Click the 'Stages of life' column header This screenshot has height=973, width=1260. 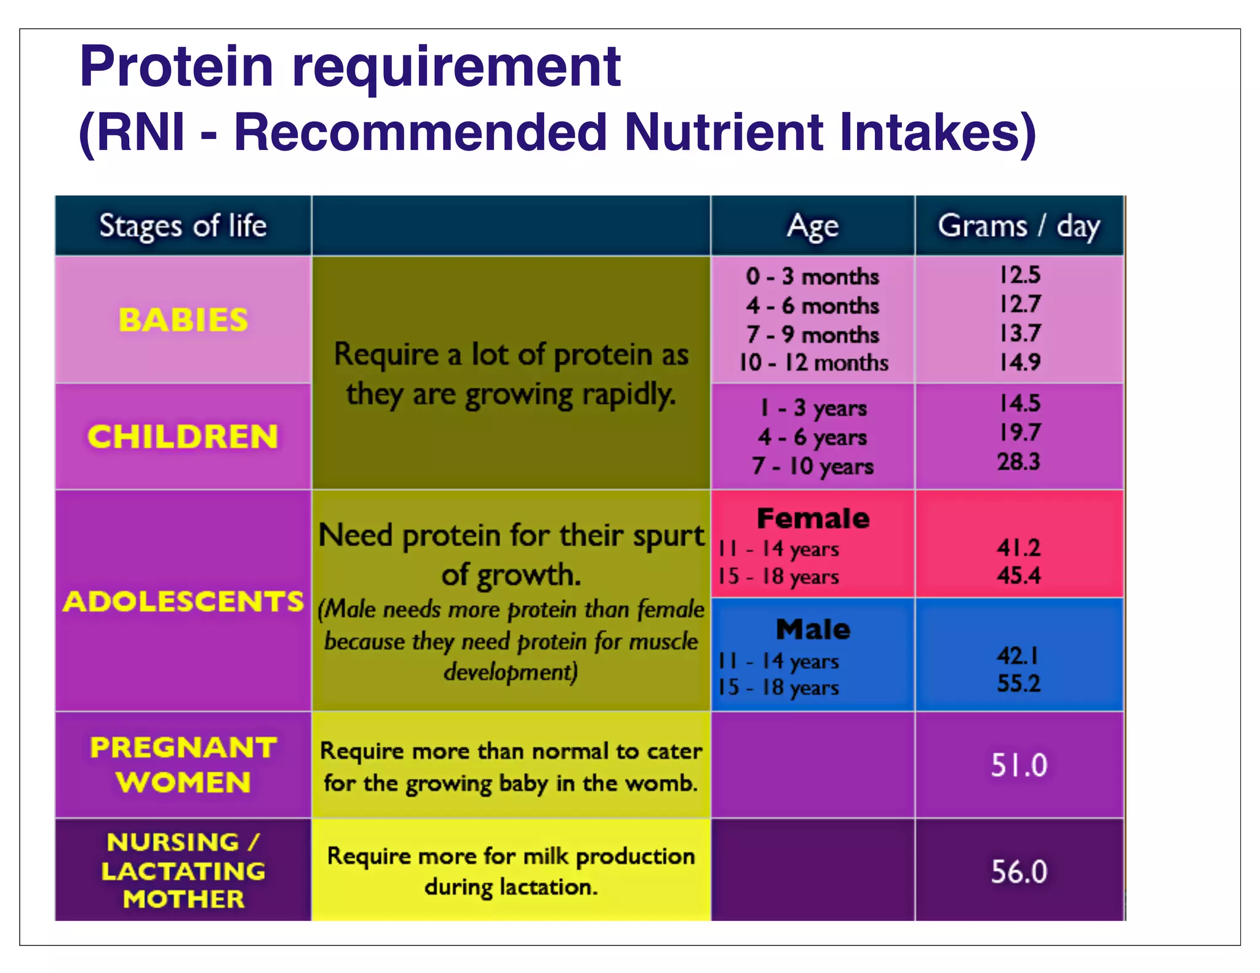(183, 226)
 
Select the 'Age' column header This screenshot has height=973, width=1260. (813, 226)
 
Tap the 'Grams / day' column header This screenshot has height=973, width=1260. (1019, 226)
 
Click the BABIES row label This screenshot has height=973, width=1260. (183, 320)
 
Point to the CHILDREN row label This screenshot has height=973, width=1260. (183, 437)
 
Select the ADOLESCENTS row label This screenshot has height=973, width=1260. (183, 601)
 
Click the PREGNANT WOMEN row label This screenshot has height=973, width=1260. (183, 764)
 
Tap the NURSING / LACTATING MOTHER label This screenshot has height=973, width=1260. (183, 870)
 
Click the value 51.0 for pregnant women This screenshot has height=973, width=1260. (1019, 765)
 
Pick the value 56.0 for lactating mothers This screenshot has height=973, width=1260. (1019, 872)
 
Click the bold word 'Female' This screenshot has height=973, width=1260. (813, 518)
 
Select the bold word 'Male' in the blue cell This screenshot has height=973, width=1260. (813, 629)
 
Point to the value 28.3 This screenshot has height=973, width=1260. (1019, 461)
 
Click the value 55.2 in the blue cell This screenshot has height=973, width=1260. (1019, 683)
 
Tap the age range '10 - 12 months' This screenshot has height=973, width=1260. (813, 363)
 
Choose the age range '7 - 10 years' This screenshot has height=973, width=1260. (813, 466)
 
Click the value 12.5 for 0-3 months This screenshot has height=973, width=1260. (1019, 275)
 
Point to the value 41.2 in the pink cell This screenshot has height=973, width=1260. (1019, 547)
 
